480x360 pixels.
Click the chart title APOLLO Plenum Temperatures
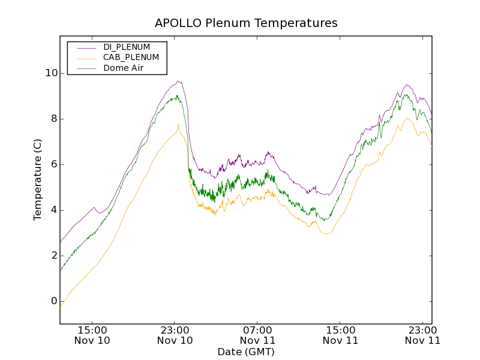[x=246, y=23]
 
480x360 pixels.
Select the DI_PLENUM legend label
[x=127, y=47]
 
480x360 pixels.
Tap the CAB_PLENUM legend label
[x=131, y=58]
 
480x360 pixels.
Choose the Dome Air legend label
[x=123, y=68]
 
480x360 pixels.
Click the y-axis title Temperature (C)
[x=38, y=179]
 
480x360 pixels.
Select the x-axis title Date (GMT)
[x=246, y=352]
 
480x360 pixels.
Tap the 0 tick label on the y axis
[x=53, y=301]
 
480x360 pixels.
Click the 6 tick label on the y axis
[x=53, y=164]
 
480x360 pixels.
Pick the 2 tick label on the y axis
[x=53, y=256]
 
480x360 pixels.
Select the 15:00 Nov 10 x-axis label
[x=92, y=335]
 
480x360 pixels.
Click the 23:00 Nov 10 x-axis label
[x=175, y=335]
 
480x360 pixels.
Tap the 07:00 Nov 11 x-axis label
[x=257, y=335]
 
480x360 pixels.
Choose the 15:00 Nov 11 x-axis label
[x=340, y=335]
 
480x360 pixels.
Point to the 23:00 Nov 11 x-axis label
[x=422, y=335]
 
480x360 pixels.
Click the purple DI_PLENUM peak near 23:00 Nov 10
[x=178, y=81]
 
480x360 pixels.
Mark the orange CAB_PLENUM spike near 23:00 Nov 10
[x=178, y=125]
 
